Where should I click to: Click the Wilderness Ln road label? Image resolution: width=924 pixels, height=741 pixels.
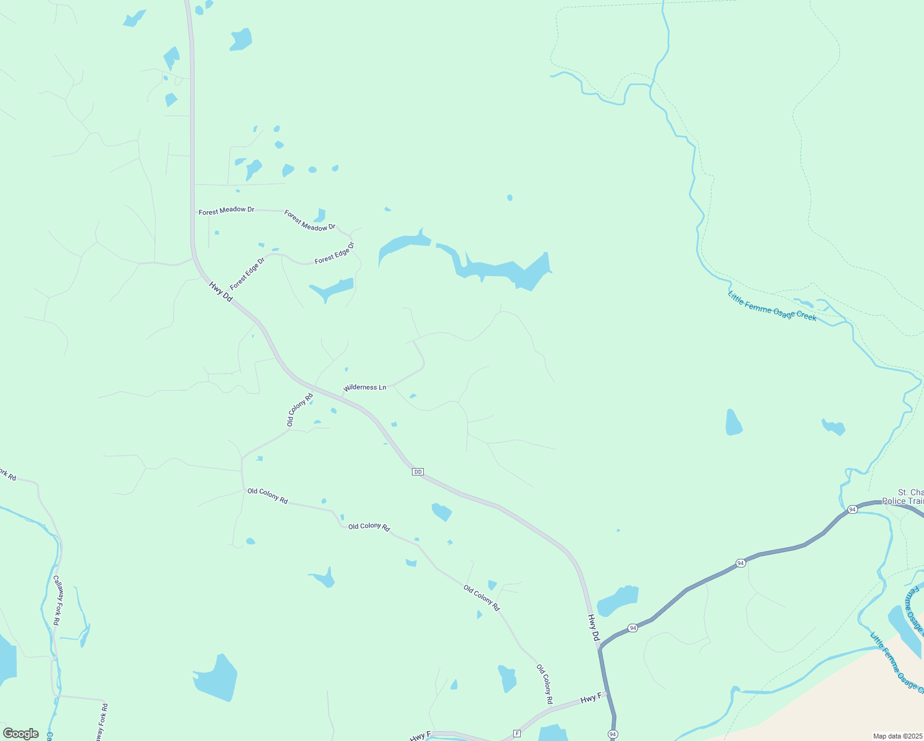[365, 387]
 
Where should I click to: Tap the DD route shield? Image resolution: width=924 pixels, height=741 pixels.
[418, 472]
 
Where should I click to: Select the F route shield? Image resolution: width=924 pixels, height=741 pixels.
[517, 734]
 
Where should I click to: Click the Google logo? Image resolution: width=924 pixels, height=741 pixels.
[20, 734]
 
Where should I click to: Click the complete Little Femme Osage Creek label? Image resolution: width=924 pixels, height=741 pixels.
[772, 306]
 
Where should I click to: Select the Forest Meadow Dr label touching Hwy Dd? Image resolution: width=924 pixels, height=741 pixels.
[226, 211]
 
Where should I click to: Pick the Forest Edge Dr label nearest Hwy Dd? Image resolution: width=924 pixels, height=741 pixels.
[247, 274]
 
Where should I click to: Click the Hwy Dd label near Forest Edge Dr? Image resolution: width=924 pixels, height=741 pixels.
[220, 292]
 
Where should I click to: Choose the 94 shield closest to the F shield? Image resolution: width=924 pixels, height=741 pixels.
[613, 734]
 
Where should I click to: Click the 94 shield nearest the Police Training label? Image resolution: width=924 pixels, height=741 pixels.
[852, 509]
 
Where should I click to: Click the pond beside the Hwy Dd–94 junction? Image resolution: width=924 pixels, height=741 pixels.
[618, 600]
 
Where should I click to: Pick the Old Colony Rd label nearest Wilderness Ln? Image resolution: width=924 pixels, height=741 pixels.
[300, 409]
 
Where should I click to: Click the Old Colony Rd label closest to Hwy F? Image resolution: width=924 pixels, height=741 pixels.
[544, 684]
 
